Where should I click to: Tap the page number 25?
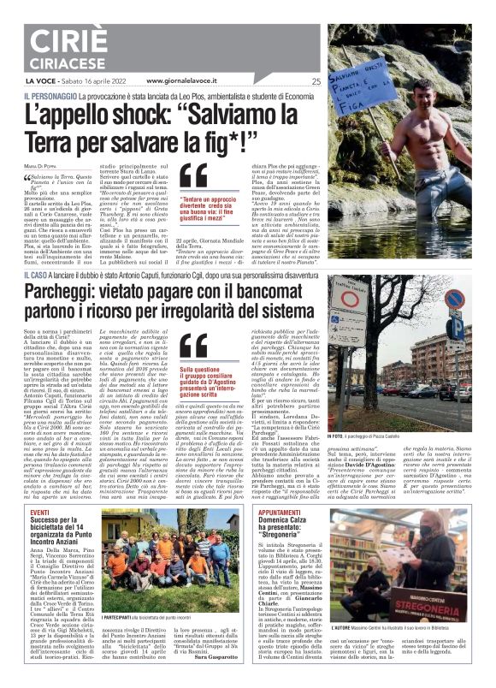tap(316, 81)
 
